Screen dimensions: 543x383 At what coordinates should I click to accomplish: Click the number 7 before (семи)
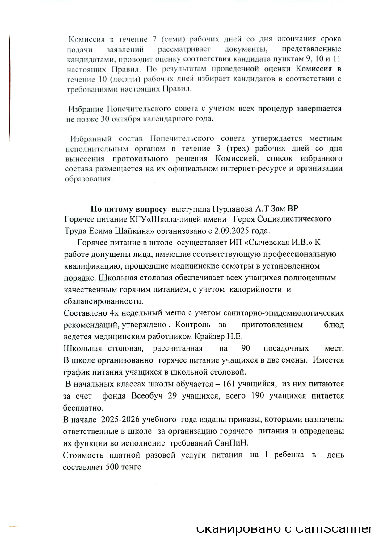coord(154,39)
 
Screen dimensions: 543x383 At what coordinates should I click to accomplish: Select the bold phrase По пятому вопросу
coord(128,209)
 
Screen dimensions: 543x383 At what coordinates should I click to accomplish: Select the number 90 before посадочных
coord(246,348)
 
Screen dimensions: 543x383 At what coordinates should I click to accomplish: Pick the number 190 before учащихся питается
coord(258,396)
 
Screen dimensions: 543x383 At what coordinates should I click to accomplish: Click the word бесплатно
coord(83,408)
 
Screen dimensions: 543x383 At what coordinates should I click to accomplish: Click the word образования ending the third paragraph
coord(88,179)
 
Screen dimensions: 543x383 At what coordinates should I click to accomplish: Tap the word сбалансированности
coord(103,301)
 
